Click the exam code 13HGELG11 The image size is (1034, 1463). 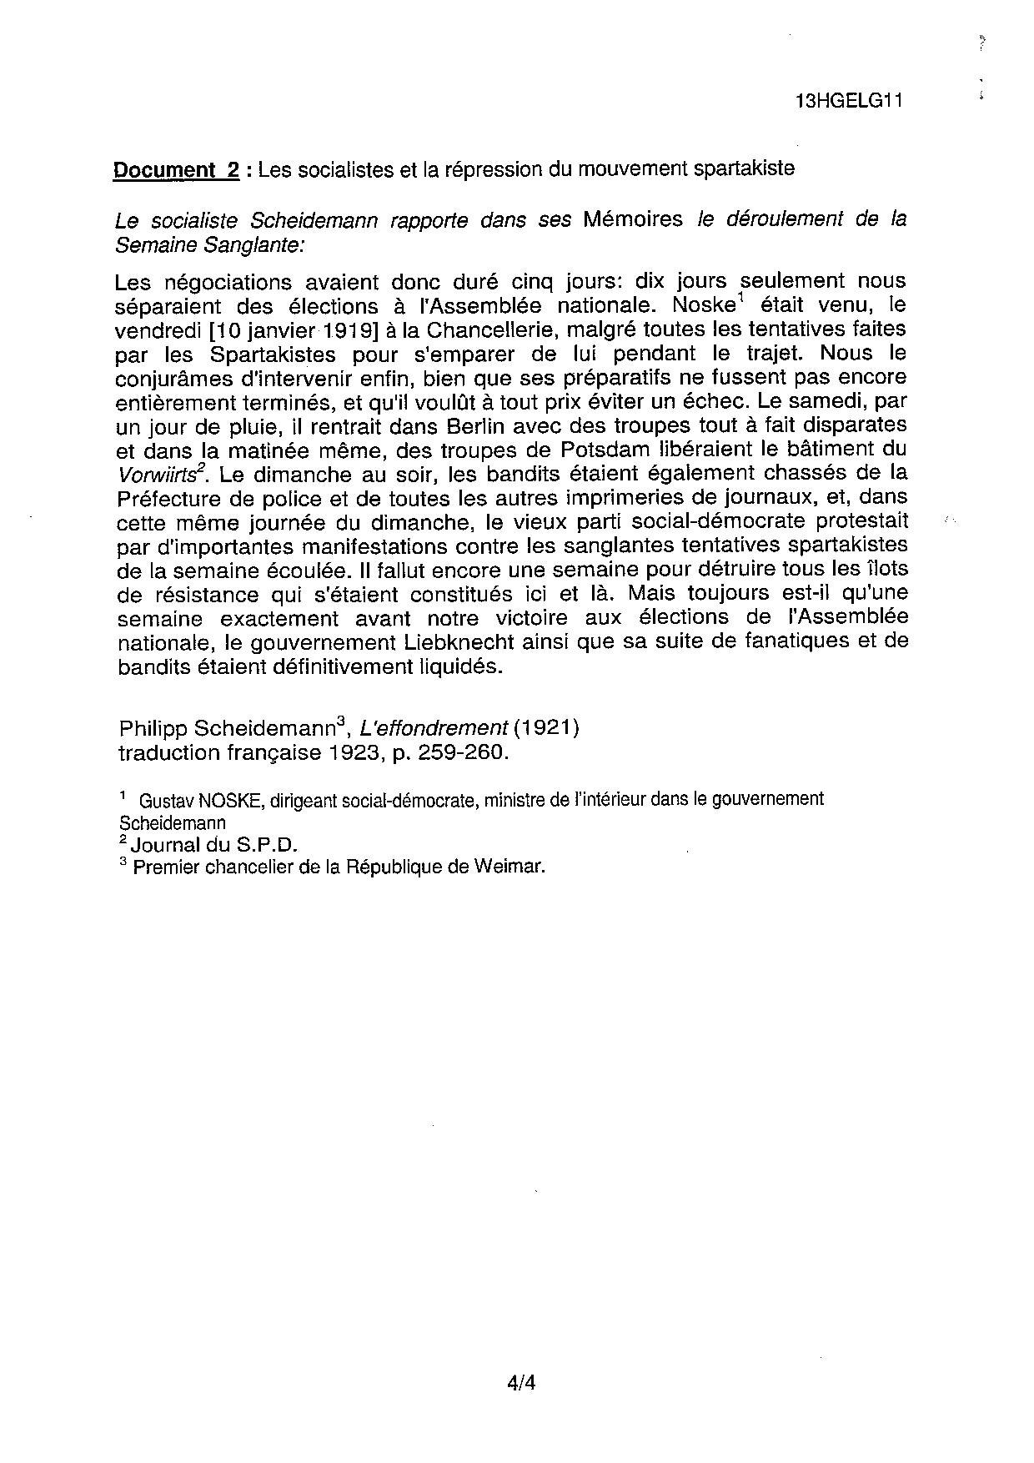pos(850,101)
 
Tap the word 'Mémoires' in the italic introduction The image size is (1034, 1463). pos(633,219)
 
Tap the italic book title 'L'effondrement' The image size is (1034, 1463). pos(434,728)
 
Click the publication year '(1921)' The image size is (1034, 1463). pos(546,728)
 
